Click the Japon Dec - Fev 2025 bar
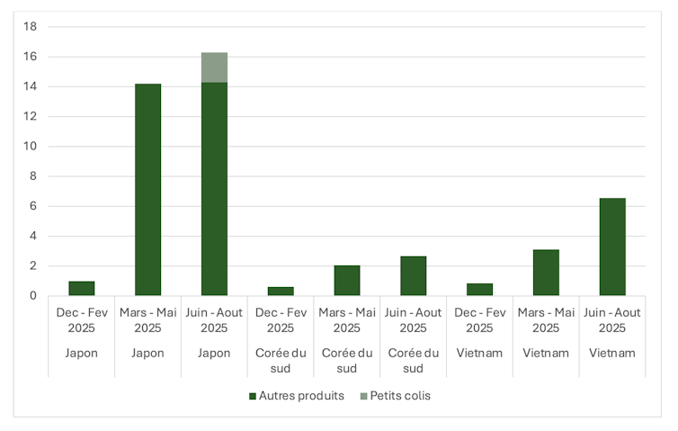click(x=82, y=288)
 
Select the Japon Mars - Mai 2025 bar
click(x=148, y=190)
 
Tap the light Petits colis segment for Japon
click(x=214, y=67)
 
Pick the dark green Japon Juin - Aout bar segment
click(x=214, y=189)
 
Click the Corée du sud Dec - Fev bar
click(x=281, y=291)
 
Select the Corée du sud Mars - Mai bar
click(x=347, y=280)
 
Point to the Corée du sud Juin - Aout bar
click(x=414, y=275)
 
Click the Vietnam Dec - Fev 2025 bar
click(x=480, y=289)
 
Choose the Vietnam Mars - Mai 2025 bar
click(x=546, y=273)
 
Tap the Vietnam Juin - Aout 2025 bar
click(x=612, y=247)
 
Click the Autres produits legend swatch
click(x=253, y=396)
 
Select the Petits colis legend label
click(x=400, y=396)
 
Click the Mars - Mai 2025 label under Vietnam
click(x=546, y=319)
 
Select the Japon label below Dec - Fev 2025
click(x=82, y=353)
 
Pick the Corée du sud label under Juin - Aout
click(x=414, y=360)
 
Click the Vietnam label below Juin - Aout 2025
click(x=612, y=353)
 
